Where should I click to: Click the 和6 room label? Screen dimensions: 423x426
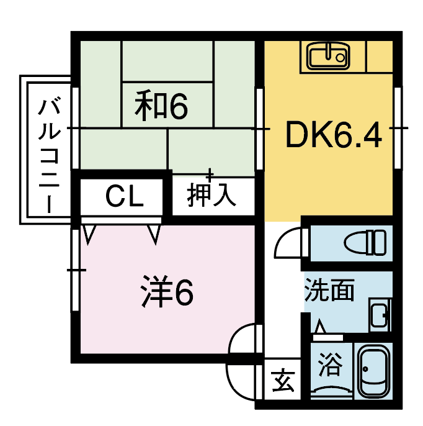click(161, 106)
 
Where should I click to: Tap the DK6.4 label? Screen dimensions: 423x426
click(334, 135)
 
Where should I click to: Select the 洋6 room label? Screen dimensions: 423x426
click(167, 291)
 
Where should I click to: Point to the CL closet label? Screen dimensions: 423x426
click(125, 197)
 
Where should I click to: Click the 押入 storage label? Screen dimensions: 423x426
click(211, 194)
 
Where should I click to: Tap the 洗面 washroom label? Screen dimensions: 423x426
click(329, 289)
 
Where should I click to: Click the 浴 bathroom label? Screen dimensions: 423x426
click(330, 364)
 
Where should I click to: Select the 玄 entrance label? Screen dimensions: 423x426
click(283, 380)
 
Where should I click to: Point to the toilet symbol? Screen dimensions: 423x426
click(365, 243)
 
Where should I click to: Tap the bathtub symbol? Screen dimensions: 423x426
click(373, 371)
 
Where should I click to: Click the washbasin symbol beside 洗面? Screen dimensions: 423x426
click(380, 315)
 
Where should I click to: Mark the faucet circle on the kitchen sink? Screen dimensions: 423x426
click(340, 58)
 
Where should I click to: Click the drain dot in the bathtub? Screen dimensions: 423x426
click(365, 369)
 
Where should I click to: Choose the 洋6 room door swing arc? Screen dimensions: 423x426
click(235, 334)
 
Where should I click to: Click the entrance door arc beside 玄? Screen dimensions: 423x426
click(233, 389)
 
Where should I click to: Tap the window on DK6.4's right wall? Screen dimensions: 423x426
click(398, 128)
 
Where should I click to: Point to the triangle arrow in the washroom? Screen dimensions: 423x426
click(320, 327)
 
